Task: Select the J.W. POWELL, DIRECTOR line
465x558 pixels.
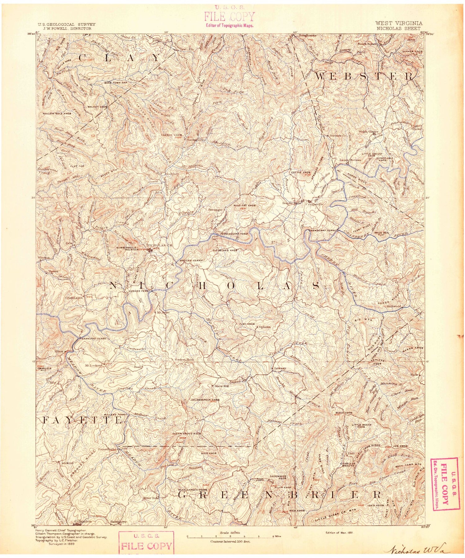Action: point(71,28)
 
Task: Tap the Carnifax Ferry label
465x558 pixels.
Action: point(93,339)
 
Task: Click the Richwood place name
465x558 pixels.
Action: point(393,306)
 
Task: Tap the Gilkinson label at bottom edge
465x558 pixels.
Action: point(83,521)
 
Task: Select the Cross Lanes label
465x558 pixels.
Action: point(73,298)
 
